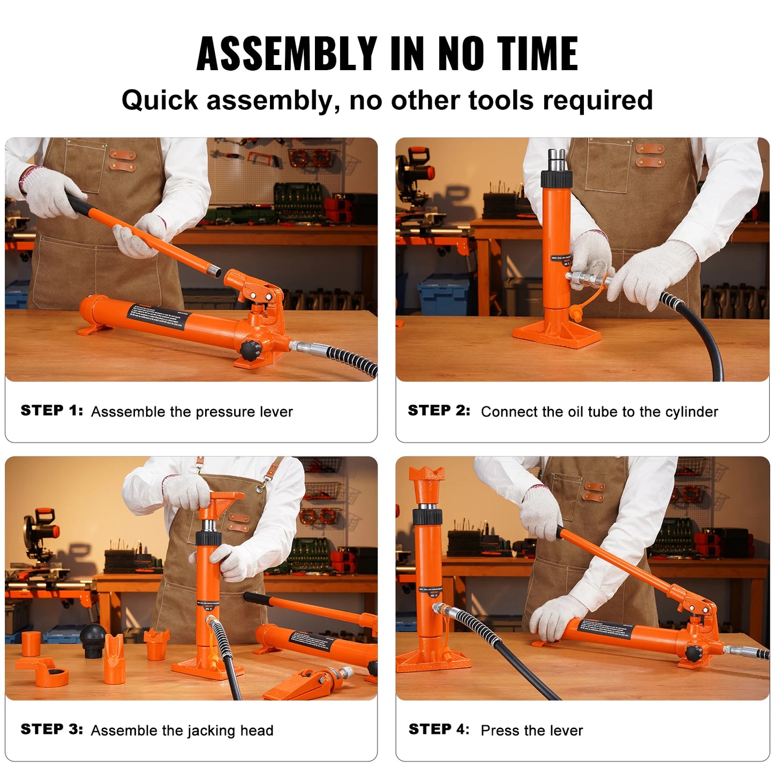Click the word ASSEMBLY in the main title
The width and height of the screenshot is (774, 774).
tap(287, 54)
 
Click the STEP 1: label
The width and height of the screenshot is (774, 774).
tap(51, 411)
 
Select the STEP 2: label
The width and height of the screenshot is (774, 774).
tap(439, 411)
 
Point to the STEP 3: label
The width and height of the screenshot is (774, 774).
tap(51, 730)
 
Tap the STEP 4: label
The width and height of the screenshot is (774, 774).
tap(439, 730)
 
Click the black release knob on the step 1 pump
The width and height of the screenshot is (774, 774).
tap(250, 350)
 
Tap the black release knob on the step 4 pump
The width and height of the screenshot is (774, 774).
tap(694, 653)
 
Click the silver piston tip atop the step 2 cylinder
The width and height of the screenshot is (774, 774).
tap(556, 160)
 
